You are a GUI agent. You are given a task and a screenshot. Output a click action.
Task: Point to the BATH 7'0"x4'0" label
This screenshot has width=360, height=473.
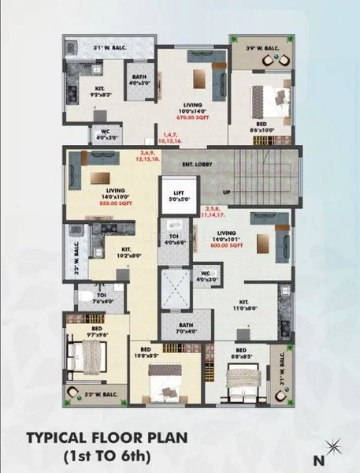(x=186, y=329)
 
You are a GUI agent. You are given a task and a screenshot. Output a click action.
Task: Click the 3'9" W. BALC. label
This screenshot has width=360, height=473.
(x=262, y=48)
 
